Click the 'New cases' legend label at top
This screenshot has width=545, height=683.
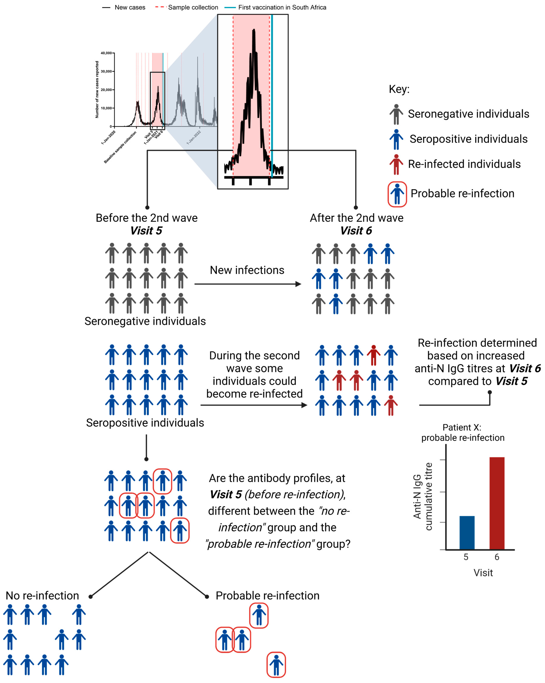coord(130,7)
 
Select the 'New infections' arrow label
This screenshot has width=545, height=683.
coord(247,270)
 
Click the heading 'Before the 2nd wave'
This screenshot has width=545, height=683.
coord(147,218)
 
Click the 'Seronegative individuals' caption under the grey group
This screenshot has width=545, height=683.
coord(145,321)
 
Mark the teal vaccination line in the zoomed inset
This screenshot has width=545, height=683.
coord(272,95)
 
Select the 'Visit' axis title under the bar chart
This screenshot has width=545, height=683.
coord(483,573)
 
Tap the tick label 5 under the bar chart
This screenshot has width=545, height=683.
coord(466,557)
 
